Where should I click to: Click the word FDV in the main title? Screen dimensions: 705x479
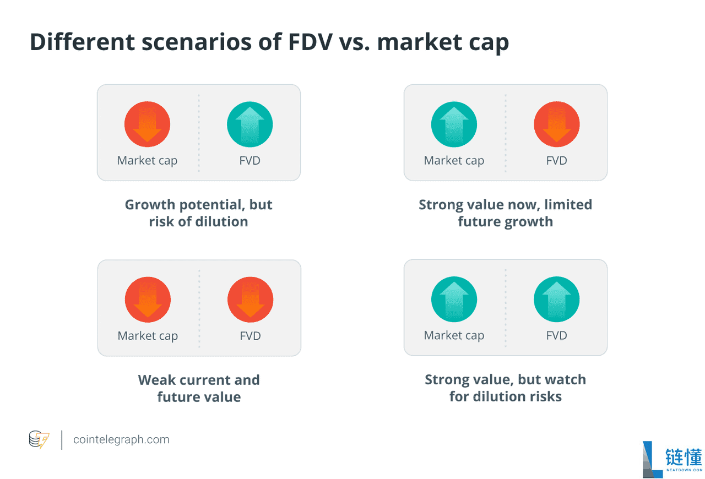point(310,42)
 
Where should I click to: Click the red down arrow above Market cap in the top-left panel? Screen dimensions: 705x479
point(147,124)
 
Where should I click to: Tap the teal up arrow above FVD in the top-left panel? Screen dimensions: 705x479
point(250,124)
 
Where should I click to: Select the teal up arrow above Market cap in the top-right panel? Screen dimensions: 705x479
point(454,124)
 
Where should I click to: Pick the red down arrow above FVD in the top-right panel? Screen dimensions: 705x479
point(557,124)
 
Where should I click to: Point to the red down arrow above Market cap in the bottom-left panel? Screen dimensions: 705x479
point(148,300)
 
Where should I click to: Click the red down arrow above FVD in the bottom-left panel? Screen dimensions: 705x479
point(251,300)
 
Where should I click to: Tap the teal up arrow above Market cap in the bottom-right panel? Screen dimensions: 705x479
point(454,300)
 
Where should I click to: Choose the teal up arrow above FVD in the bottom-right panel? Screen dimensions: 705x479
point(557,300)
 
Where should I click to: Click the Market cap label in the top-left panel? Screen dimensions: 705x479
point(147,161)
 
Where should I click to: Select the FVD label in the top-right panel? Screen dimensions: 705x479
point(557,161)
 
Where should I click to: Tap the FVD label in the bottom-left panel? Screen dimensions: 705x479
point(251,336)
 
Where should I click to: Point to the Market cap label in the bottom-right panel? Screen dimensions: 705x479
point(454,335)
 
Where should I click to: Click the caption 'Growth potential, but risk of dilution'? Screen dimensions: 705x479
point(199,213)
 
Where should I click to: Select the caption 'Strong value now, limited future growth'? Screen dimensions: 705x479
point(506,213)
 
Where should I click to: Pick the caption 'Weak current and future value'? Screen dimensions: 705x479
point(199,388)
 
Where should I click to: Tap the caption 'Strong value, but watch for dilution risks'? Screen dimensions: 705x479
point(506,388)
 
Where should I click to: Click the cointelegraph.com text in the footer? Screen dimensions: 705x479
point(122,440)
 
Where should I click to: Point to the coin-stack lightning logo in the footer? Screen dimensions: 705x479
point(39,439)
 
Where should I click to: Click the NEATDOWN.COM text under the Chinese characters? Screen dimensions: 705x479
point(684,470)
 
